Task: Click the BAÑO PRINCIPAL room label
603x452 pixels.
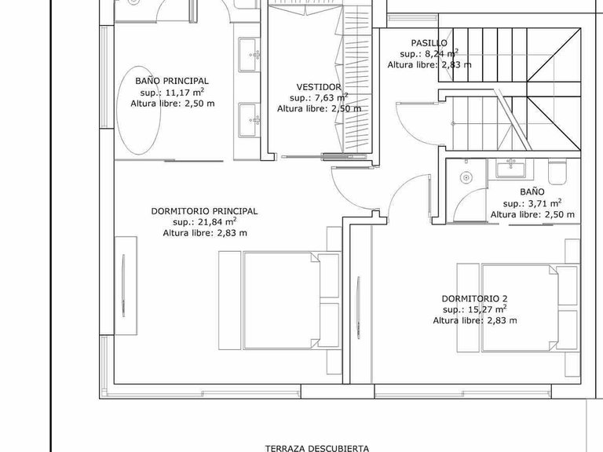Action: click(x=171, y=80)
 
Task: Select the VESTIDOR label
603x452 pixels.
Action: click(x=319, y=86)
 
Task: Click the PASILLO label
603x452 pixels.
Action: click(x=429, y=42)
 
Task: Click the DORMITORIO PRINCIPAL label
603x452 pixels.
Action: click(x=204, y=210)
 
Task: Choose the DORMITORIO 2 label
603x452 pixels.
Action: click(x=475, y=298)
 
